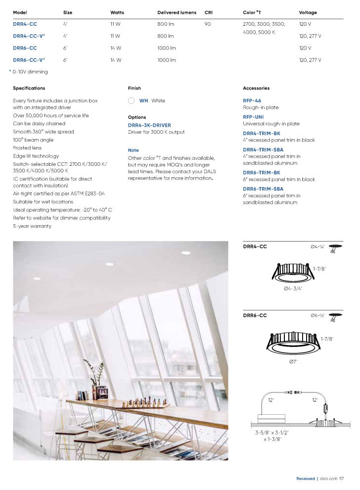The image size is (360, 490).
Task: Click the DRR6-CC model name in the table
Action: (x=25, y=48)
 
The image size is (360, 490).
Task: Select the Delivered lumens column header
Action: (x=177, y=12)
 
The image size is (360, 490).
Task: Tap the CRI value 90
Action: (x=208, y=24)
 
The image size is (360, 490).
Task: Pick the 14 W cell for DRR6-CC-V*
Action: (x=116, y=60)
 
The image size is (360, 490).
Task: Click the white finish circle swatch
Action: (x=131, y=100)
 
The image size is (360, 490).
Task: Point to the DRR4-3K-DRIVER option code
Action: (x=149, y=125)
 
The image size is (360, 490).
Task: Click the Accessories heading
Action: (x=256, y=88)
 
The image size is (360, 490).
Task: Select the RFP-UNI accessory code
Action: (x=253, y=117)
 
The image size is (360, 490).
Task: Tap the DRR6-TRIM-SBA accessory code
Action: (x=263, y=189)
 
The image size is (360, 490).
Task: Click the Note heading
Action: (x=134, y=150)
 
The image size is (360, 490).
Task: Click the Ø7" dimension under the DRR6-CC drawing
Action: (x=293, y=361)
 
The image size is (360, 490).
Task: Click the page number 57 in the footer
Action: (x=342, y=479)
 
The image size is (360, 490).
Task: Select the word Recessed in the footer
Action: (x=305, y=479)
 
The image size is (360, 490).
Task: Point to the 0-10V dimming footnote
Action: (x=29, y=72)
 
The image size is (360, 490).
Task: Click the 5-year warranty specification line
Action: (x=32, y=226)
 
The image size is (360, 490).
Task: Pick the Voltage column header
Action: (x=308, y=12)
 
